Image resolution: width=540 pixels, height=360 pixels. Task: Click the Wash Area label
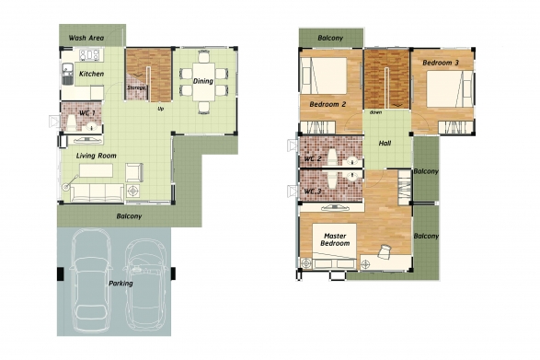tap(86, 38)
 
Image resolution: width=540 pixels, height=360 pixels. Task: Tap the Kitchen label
tap(91, 74)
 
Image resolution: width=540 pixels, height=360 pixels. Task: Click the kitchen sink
tap(67, 74)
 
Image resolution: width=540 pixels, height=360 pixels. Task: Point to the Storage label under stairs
tap(136, 87)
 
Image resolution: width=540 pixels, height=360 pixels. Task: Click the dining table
tap(203, 81)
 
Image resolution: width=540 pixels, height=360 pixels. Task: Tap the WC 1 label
tap(86, 112)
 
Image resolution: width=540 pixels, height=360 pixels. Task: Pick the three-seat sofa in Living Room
tap(98, 192)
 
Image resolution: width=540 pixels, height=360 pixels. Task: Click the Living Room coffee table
tap(96, 170)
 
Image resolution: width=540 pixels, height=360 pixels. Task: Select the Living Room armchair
tap(134, 172)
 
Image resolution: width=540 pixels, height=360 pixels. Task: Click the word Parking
tap(121, 284)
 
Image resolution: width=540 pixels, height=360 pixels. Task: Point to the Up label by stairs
tap(160, 109)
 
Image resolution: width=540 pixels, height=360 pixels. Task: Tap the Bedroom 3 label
tap(441, 63)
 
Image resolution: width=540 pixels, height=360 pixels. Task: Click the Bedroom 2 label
tap(327, 104)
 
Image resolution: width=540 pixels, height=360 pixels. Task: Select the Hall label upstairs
tap(385, 143)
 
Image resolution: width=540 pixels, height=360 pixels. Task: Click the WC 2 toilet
tap(332, 157)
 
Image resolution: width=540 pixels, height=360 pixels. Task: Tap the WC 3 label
tap(313, 191)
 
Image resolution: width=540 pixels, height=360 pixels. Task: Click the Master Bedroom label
tap(335, 239)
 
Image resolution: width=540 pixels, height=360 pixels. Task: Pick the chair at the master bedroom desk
tap(385, 250)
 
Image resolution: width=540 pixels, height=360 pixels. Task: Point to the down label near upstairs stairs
tap(375, 112)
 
